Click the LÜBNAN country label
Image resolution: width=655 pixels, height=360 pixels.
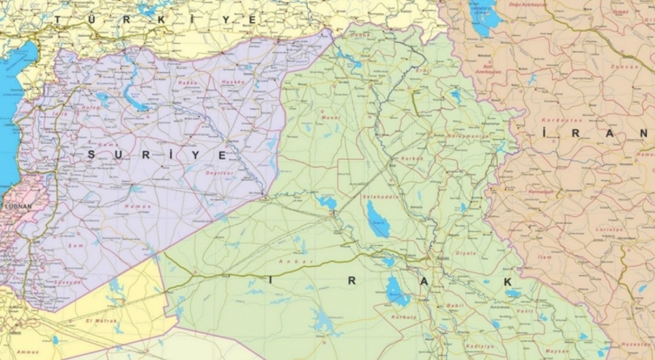[18, 207]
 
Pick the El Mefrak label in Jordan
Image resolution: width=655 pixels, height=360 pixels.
[98, 319]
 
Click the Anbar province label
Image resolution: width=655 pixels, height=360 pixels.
[291, 261]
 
